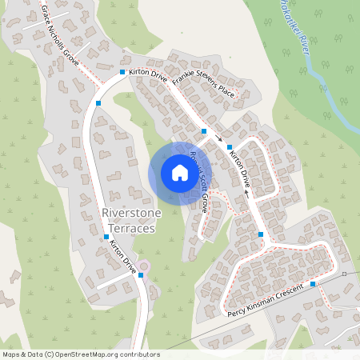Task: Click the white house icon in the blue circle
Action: point(179,173)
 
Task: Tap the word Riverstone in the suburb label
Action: point(128,214)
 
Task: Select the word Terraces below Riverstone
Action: point(128,228)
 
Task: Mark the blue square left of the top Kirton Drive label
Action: point(122,73)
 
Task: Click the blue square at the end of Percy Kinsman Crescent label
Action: point(313,283)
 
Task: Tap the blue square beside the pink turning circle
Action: point(140,275)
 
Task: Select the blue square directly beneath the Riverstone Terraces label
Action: point(106,237)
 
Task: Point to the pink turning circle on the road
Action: point(144,266)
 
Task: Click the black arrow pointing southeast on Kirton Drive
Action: point(219,139)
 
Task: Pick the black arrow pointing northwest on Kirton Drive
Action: point(246,192)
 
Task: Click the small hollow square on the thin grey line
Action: point(344,274)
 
